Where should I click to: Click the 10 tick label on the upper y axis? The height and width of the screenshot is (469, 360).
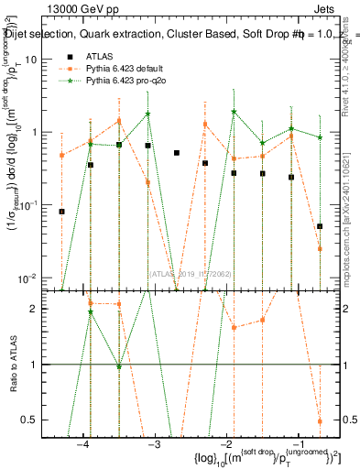point(37,59)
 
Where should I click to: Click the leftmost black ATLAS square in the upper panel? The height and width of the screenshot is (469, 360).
point(62,212)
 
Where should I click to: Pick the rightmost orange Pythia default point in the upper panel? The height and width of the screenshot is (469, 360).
point(320,248)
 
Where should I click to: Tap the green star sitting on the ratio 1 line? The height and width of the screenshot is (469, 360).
point(119,366)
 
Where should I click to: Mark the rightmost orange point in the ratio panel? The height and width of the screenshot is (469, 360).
point(320,421)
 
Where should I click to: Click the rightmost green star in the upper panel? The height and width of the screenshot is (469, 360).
point(320,137)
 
